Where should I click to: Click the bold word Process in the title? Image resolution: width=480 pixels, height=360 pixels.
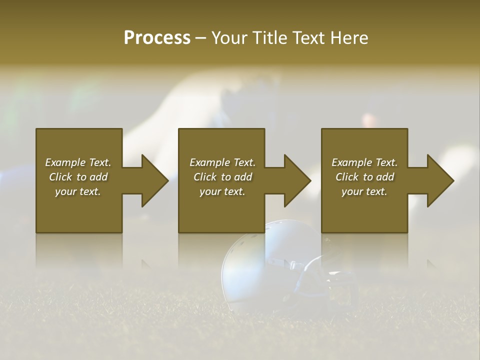[x=157, y=38]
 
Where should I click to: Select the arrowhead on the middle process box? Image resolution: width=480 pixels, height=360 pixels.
[x=296, y=180]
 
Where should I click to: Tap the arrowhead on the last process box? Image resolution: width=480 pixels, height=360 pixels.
[x=439, y=180]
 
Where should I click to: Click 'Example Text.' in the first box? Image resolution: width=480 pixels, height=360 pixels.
[x=78, y=162]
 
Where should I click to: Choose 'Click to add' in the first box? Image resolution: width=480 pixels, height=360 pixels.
[x=78, y=177]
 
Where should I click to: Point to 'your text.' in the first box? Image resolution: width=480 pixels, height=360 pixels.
[x=78, y=191]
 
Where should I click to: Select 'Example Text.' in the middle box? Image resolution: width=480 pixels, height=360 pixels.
[x=222, y=162]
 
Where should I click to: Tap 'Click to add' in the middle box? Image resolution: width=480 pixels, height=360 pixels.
[x=222, y=177]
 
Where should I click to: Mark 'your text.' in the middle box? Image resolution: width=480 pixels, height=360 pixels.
[x=222, y=191]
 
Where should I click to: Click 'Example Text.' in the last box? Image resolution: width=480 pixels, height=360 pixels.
[x=364, y=162]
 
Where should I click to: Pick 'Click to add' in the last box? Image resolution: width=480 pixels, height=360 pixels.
[x=364, y=177]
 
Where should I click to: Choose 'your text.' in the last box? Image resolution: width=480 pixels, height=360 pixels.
[x=364, y=191]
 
